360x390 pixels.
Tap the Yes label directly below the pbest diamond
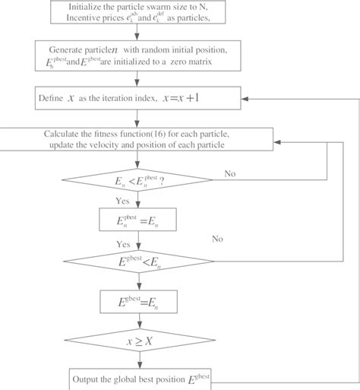pos(122,202)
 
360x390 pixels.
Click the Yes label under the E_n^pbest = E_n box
pos(122,245)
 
